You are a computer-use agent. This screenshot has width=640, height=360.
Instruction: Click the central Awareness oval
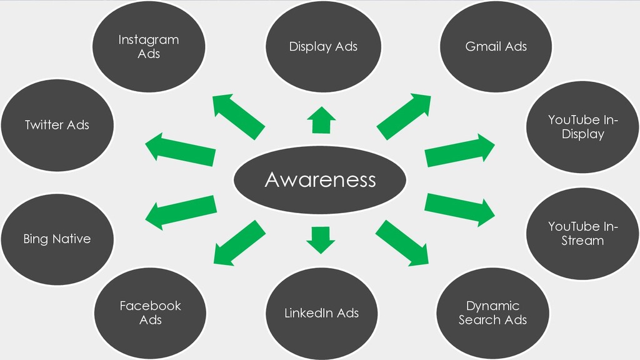pos(320,179)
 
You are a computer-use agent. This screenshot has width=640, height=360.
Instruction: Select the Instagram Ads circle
pos(149,46)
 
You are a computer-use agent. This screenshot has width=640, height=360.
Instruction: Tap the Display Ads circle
pos(323,46)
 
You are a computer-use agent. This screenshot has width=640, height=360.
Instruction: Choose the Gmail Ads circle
pos(496,46)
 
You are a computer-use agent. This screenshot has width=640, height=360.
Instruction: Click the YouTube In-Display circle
pos(582,127)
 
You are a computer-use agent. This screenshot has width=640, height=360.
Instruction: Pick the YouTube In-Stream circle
pos(582,234)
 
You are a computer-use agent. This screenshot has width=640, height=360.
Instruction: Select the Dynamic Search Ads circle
pos(492,313)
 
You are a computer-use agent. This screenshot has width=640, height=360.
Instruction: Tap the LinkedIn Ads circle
pos(322,313)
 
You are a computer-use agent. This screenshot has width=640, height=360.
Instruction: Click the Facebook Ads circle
pos(150,313)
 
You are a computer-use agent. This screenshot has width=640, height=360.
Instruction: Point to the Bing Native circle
pos(57,239)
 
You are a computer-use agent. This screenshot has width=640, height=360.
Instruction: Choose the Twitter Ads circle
pos(57,125)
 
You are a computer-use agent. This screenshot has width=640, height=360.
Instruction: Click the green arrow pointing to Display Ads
pos(321,120)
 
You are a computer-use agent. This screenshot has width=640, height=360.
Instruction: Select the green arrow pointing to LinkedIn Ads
pos(321,240)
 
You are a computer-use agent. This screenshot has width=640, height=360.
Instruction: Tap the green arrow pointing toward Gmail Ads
pos(404,117)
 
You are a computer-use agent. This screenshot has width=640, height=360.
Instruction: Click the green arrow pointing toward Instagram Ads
pos(239,117)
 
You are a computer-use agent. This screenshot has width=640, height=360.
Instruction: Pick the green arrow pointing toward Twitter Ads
pos(181,149)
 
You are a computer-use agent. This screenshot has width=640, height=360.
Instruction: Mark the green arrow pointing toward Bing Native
pos(181,212)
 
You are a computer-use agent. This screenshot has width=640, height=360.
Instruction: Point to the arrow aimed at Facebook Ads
pos(239,243)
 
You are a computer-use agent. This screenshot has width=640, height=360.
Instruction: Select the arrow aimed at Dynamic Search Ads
pos(402,243)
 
